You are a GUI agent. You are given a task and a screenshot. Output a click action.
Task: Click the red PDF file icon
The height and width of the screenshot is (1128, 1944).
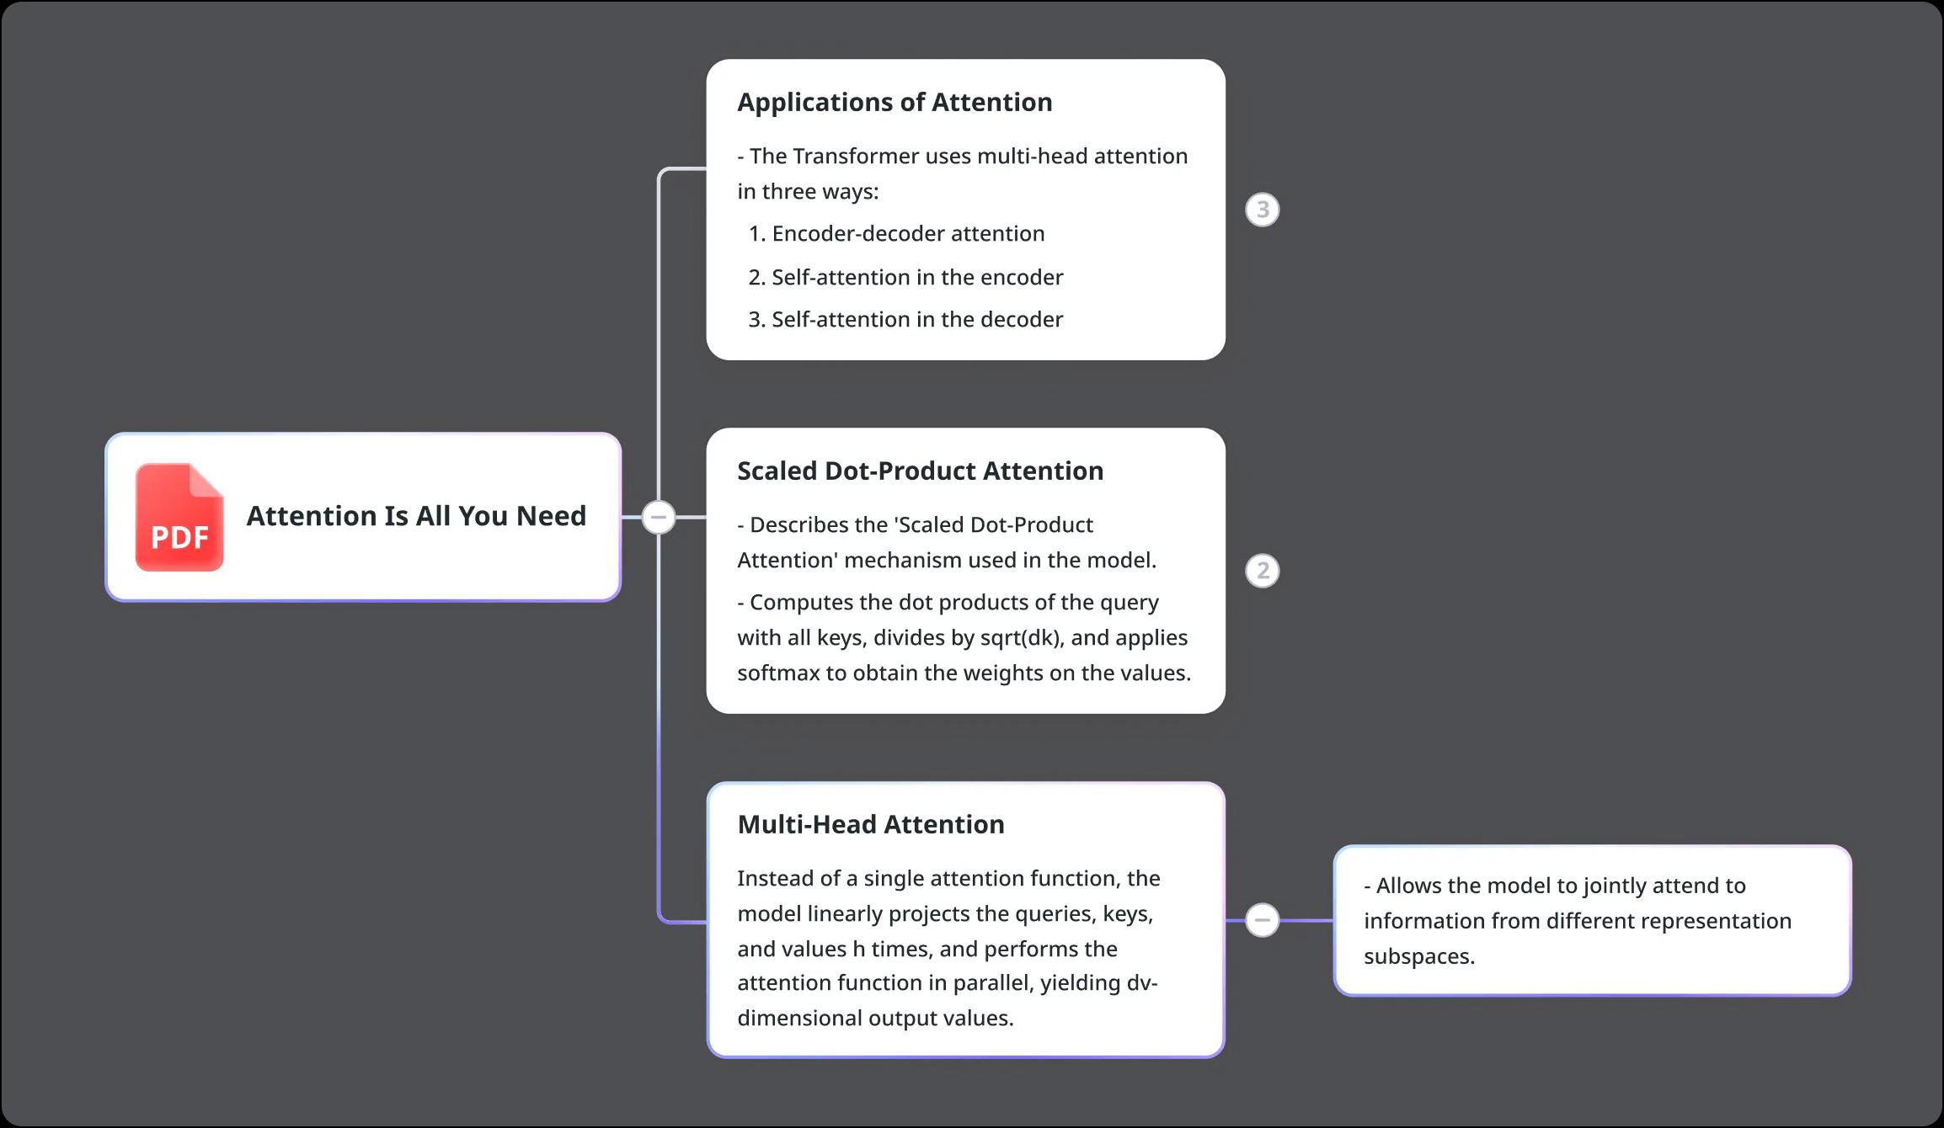pyautogui.click(x=179, y=517)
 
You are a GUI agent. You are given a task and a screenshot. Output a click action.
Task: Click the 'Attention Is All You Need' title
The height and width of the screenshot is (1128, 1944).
pyautogui.click(x=416, y=516)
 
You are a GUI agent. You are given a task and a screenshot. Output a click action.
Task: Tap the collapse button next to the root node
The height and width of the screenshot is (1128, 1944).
pyautogui.click(x=659, y=517)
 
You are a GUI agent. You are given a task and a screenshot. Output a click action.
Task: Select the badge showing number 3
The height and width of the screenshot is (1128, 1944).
pyautogui.click(x=1262, y=210)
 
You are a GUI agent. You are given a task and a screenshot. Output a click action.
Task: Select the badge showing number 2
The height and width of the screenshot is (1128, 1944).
pyautogui.click(x=1262, y=571)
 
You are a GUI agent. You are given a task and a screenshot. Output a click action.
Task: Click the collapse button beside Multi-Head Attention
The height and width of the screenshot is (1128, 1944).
pyautogui.click(x=1262, y=920)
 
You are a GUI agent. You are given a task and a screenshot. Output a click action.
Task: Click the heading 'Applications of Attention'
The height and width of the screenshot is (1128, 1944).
pyautogui.click(x=895, y=103)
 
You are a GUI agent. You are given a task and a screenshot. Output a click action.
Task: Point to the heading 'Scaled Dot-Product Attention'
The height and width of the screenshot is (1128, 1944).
pyautogui.click(x=920, y=471)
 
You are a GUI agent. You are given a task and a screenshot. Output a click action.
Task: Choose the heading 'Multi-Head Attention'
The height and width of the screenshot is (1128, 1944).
pyautogui.click(x=871, y=824)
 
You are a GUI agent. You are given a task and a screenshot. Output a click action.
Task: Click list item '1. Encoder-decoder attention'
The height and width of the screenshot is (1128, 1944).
pyautogui.click(x=896, y=233)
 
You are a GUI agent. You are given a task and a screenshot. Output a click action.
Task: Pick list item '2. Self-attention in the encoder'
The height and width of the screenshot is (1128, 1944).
pyautogui.click(x=905, y=277)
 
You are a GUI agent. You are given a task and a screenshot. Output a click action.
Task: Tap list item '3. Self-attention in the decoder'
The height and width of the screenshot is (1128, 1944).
pyautogui.click(x=905, y=319)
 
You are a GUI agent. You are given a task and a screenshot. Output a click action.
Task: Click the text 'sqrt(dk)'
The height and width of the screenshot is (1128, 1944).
pyautogui.click(x=1022, y=638)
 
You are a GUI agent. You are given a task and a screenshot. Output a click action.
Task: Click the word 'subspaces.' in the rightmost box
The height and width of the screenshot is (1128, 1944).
pyautogui.click(x=1419, y=957)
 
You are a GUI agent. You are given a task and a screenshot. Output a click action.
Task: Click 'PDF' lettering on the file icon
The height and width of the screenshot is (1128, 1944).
pyautogui.click(x=179, y=537)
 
